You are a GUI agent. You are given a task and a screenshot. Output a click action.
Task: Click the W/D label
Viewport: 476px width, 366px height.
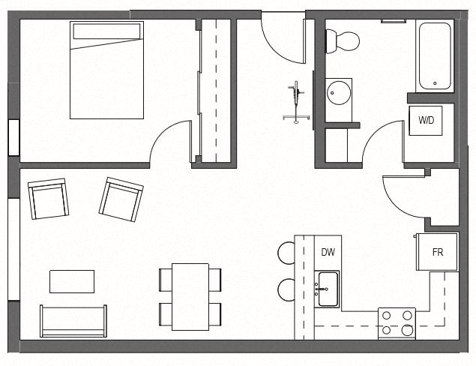(425, 120)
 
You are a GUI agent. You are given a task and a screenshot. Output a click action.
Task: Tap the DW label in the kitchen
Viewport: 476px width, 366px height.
(328, 252)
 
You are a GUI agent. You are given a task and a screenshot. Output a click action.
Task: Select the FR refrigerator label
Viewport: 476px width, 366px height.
(438, 253)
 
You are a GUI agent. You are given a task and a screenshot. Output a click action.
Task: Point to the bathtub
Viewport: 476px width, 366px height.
(436, 55)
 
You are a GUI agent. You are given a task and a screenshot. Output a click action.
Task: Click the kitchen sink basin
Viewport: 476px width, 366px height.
(327, 288)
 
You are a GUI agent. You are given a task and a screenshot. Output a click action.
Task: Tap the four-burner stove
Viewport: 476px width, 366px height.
(397, 322)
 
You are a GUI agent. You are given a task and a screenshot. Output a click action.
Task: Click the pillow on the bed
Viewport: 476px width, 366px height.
(106, 32)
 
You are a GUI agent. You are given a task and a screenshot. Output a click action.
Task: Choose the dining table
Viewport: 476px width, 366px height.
(190, 296)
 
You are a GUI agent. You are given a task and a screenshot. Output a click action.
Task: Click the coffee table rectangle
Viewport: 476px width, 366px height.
(72, 281)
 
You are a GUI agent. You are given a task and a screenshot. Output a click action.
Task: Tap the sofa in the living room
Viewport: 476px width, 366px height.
(73, 321)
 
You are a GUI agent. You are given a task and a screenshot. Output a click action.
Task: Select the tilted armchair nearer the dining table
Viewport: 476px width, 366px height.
(121, 199)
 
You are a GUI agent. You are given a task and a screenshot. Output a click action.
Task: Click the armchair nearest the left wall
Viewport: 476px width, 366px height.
(49, 199)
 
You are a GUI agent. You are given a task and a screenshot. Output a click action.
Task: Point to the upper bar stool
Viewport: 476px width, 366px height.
(286, 253)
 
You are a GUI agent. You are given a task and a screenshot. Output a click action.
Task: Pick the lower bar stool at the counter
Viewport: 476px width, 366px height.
(286, 289)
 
